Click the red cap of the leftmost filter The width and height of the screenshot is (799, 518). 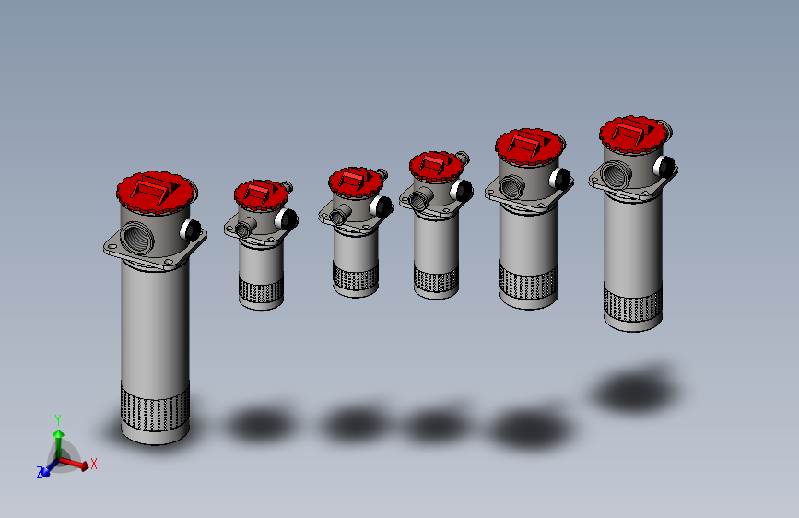coord(156,193)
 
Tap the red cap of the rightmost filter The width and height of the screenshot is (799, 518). coord(634,134)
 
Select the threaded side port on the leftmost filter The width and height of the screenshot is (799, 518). coord(137,238)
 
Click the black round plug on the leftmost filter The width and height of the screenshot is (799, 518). coord(191,230)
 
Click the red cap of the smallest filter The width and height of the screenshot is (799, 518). coord(262,194)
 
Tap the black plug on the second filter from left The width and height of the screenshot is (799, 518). coord(287,219)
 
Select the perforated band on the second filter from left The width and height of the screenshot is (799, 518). coord(261,290)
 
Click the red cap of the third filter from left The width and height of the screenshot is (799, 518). coord(356,182)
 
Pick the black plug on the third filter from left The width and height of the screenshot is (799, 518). coord(382,206)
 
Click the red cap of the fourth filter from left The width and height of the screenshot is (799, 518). coord(436,167)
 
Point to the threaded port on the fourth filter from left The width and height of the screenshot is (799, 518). coord(419,199)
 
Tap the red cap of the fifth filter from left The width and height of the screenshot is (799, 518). coord(530,147)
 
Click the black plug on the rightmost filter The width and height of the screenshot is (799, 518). coord(664,167)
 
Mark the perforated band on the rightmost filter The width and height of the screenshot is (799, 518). coord(633,303)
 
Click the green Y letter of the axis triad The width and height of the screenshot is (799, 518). coord(58,420)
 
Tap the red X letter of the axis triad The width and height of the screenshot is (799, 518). coord(94,464)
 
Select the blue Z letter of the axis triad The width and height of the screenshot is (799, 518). coord(40,473)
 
